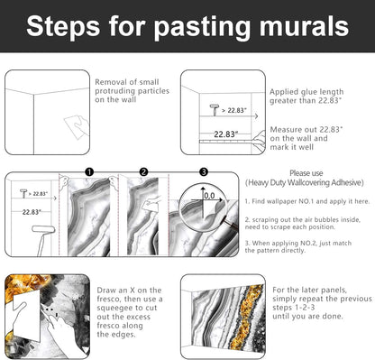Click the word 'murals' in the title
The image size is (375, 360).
(x=304, y=26)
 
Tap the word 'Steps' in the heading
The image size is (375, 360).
(x=63, y=26)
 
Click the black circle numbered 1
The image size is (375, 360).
(x=89, y=172)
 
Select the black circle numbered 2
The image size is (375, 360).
(x=144, y=172)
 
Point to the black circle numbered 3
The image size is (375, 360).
(x=204, y=172)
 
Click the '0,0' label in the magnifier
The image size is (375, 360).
(x=209, y=196)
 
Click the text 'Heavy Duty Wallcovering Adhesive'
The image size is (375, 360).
(x=305, y=182)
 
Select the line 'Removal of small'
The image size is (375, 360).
(x=127, y=82)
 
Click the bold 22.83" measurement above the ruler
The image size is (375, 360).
(x=226, y=134)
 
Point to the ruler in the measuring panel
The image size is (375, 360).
(x=228, y=142)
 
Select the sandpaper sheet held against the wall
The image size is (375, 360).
(x=77, y=127)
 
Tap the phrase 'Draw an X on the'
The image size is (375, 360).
(x=129, y=291)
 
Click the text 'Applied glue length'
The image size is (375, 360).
(x=306, y=92)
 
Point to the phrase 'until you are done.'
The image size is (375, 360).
(x=307, y=317)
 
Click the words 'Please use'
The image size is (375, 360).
(x=306, y=173)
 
